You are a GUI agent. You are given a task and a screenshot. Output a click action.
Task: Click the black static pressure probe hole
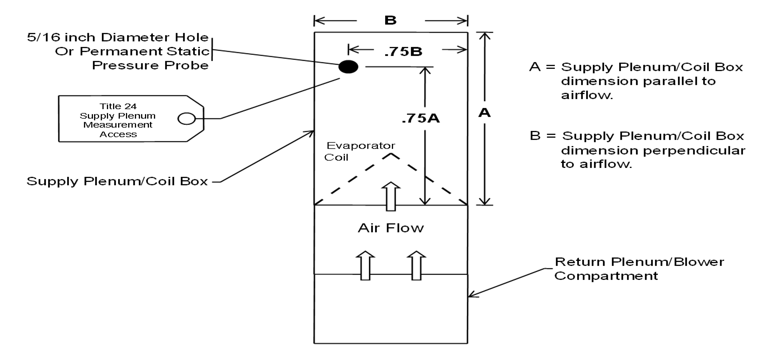click(x=349, y=67)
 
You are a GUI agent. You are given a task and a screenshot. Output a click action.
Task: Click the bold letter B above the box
click(x=390, y=21)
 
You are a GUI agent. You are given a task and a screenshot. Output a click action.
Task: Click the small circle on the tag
click(x=186, y=118)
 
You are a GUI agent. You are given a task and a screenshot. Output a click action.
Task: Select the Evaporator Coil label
click(x=347, y=151)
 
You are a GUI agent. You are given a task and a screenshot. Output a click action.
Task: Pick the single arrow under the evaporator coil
click(x=391, y=195)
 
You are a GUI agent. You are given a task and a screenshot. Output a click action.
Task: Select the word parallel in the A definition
click(x=666, y=82)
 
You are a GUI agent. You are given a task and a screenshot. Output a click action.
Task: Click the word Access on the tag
click(x=114, y=134)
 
